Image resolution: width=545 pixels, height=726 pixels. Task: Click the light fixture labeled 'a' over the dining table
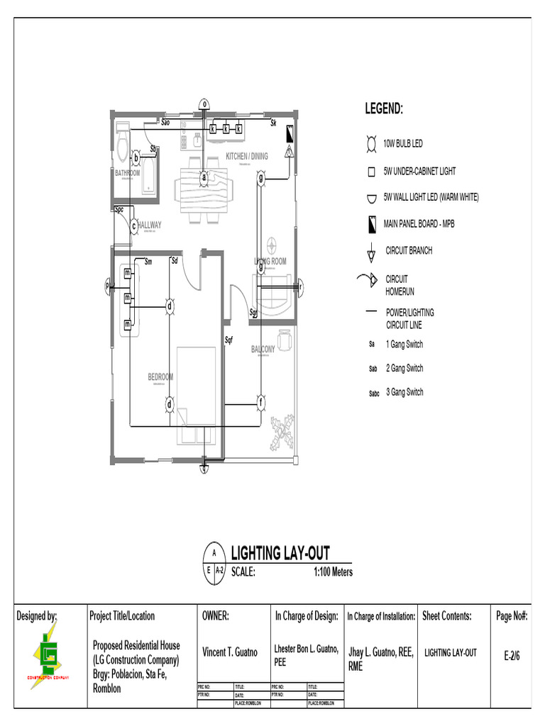point(204,177)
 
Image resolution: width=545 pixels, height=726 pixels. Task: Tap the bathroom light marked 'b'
point(136,157)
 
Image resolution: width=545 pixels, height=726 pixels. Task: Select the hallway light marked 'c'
point(133,226)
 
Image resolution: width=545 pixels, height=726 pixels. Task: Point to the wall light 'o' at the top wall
point(204,104)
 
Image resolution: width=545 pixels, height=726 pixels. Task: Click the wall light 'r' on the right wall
point(299,286)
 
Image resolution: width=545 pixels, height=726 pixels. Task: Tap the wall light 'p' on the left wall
point(109,286)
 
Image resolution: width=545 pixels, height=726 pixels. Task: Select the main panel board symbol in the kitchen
point(290,133)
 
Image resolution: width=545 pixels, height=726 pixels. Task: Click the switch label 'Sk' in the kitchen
point(273,123)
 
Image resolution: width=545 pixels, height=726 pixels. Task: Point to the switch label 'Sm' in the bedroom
point(148,262)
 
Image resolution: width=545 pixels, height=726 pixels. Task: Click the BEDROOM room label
point(160,377)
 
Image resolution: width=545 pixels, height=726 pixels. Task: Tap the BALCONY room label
point(263,350)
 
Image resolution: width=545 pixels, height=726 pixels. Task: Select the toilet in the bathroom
point(121,145)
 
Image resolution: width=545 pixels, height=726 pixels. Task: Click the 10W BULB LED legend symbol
point(370,144)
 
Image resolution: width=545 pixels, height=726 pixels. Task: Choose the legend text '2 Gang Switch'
point(404,369)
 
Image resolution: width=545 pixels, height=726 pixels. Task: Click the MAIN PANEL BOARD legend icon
point(370,224)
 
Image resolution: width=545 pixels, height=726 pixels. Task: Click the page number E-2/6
point(512,656)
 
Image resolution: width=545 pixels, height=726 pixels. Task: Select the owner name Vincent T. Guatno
point(230,652)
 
